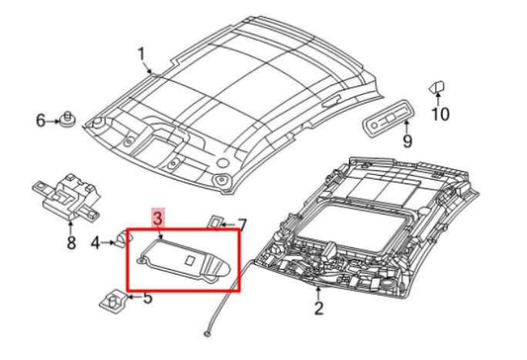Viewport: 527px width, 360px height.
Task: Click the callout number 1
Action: [141, 54]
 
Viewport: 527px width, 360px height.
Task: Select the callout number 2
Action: [318, 309]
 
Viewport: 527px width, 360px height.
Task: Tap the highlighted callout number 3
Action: [157, 217]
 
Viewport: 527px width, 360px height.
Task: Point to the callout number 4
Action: [96, 242]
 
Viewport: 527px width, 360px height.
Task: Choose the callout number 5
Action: [148, 298]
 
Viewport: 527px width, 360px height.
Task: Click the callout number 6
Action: [41, 121]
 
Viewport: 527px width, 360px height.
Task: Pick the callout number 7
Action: [242, 225]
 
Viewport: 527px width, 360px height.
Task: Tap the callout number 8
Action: [71, 242]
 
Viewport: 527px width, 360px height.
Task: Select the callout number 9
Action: [407, 140]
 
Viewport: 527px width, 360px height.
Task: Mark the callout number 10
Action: [440, 114]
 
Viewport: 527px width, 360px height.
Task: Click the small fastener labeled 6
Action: [67, 120]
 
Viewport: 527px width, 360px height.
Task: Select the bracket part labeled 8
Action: [67, 196]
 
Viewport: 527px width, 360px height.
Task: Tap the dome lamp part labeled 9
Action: [390, 119]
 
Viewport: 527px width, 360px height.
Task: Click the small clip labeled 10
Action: [437, 87]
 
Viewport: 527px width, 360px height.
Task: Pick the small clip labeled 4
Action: [124, 239]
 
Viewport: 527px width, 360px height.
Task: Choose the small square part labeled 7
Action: [216, 223]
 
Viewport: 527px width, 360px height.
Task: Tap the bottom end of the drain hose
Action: [207, 334]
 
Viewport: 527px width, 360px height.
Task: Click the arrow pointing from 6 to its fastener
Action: [52, 121]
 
